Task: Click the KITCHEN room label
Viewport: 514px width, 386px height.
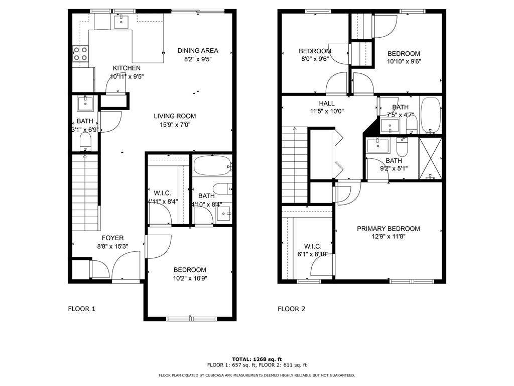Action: click(126, 68)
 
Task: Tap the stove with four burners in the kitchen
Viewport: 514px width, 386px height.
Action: click(81, 54)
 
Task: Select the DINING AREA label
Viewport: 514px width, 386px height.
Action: click(198, 50)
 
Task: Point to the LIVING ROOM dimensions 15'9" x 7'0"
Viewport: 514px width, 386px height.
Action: click(175, 125)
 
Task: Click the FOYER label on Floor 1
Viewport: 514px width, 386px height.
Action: click(112, 238)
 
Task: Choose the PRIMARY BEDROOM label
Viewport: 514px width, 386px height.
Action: click(389, 229)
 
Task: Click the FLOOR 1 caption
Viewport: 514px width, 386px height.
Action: click(81, 309)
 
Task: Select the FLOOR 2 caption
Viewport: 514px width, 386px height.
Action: click(291, 309)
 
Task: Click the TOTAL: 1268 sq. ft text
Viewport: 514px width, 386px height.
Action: click(256, 359)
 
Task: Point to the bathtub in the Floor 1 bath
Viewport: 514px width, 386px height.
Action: click(212, 165)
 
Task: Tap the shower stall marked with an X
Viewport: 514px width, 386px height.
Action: click(430, 158)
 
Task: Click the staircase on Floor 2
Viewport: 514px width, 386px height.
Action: click(295, 165)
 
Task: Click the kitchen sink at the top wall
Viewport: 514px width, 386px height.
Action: click(121, 21)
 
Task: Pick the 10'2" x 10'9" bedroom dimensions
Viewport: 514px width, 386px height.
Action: click(190, 278)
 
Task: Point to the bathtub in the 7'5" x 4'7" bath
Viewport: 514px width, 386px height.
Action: click(430, 115)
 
